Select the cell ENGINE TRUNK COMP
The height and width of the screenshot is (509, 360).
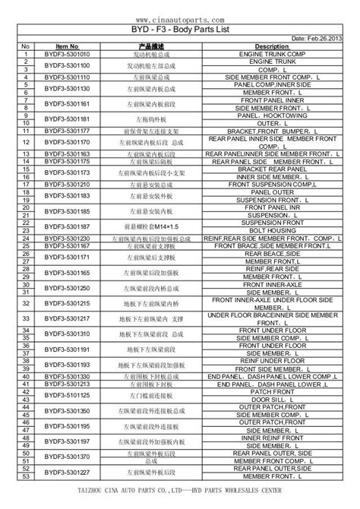coord(271,55)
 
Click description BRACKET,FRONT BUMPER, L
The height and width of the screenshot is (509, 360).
coord(271,131)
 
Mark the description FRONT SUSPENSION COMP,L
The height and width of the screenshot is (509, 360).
coord(271,184)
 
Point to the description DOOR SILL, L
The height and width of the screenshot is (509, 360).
coord(271,400)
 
